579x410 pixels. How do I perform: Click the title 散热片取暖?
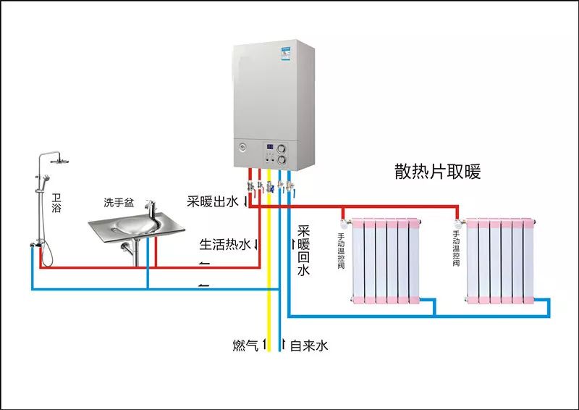coord(437,172)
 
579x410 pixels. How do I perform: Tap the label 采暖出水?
coord(212,201)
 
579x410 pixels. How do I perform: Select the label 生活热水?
coord(224,244)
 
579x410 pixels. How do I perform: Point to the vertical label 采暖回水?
coord(303,251)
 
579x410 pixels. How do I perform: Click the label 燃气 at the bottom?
coord(245,346)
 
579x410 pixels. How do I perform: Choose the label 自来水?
coord(309,346)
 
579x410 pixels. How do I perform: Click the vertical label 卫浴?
coord(57,202)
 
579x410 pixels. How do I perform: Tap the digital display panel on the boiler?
coord(270,147)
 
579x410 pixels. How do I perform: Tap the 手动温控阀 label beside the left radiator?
coord(341,250)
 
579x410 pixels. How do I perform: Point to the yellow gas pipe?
coord(269,304)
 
